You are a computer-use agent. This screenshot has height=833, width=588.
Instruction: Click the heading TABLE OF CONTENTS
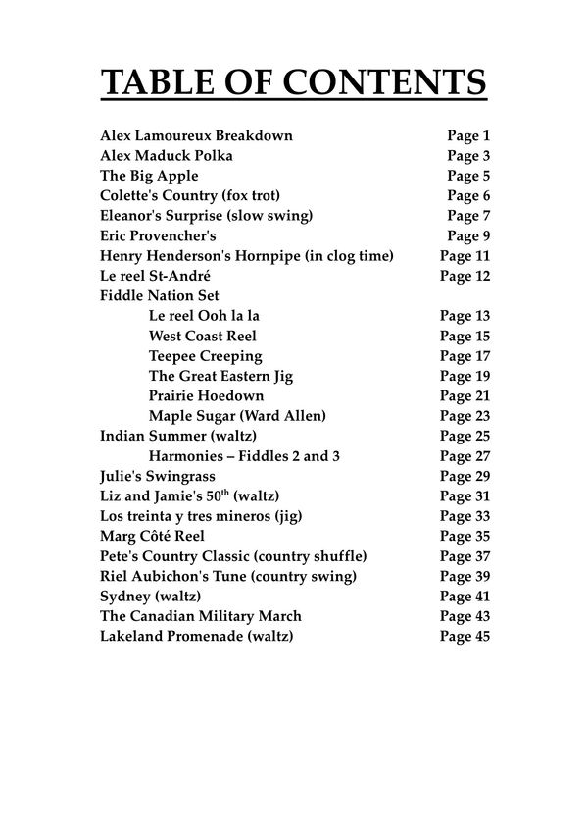tap(294, 82)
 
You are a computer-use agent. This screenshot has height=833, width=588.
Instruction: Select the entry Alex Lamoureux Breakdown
tap(196, 135)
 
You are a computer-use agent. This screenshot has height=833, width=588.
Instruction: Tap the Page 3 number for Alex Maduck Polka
tap(468, 156)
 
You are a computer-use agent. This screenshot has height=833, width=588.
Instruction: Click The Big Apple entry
tap(149, 176)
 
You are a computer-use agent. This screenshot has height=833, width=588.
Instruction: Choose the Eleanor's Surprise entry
tap(206, 216)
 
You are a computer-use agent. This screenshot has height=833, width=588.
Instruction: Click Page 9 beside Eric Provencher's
tap(468, 236)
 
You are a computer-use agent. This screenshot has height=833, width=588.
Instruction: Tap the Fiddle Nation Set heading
tap(160, 296)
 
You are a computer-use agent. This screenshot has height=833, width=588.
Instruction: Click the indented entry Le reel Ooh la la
tap(204, 316)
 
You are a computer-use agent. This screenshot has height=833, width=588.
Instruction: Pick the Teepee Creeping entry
tap(206, 356)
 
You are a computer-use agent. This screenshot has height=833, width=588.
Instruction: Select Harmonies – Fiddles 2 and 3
tap(245, 456)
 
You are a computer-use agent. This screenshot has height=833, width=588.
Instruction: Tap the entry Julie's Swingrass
tap(157, 476)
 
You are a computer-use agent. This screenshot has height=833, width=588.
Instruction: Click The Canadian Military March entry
tap(201, 616)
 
